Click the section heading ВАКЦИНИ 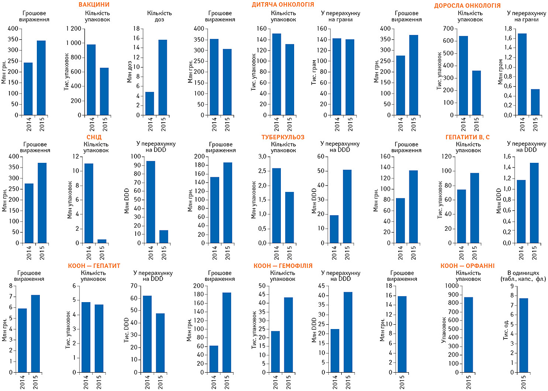(x=94, y=5)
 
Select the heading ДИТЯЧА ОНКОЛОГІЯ (x=283, y=5)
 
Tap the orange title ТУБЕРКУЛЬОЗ (x=283, y=137)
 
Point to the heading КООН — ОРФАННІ (x=466, y=266)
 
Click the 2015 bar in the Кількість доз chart (x=162, y=77)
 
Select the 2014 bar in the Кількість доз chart (x=149, y=103)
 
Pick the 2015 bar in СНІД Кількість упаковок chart (x=101, y=241)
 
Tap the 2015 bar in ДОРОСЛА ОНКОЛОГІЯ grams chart (x=535, y=102)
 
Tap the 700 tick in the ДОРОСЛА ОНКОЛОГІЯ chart (x=448, y=29)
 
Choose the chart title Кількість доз (x=155, y=16)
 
